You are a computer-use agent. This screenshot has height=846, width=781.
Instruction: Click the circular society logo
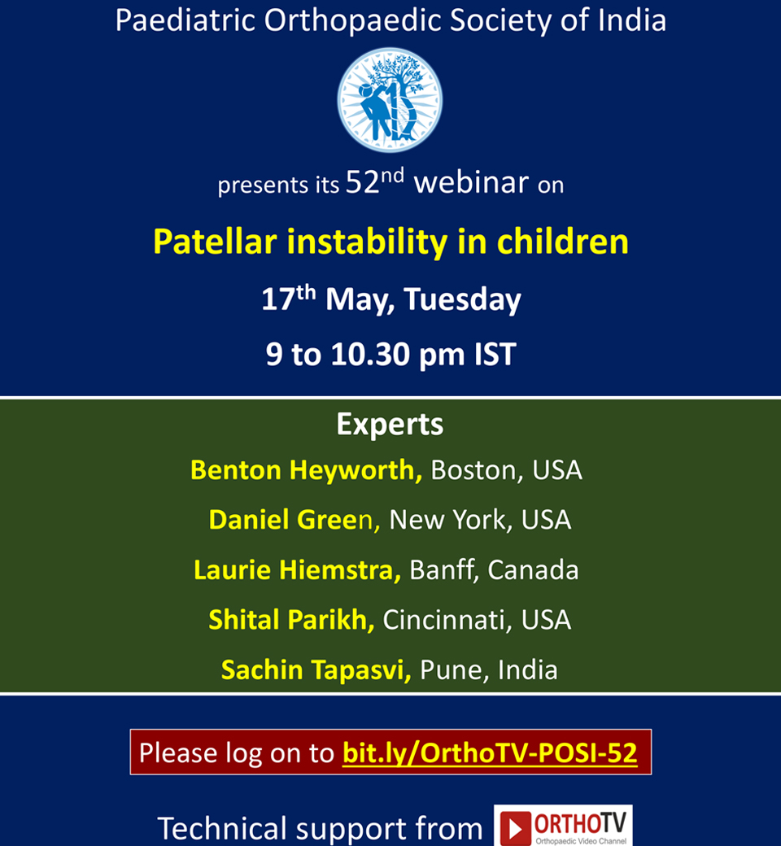pos(390,100)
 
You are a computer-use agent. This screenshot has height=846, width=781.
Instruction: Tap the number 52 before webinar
pos(363,182)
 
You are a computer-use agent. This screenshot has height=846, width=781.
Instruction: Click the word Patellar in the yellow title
pos(215,241)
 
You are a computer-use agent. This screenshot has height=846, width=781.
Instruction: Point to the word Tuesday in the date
pos(462,299)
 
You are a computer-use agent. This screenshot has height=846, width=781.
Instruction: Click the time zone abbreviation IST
pos(495,355)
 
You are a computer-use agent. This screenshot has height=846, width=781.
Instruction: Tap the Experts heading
pos(390,425)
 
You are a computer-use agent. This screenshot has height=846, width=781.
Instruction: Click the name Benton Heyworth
pos(306,470)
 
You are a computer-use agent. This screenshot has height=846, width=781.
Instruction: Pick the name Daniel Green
pos(295,520)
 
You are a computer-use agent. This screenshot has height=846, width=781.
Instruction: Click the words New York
pos(451,520)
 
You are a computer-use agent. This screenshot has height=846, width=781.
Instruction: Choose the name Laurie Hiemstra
pos(297,569)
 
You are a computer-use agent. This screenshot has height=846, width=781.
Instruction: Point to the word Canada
pos(533,569)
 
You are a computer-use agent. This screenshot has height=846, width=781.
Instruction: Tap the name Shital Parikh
pos(291,619)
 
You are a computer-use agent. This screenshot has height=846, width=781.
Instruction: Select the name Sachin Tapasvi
pos(316,669)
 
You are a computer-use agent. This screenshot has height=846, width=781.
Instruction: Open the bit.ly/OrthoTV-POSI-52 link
pos(490,752)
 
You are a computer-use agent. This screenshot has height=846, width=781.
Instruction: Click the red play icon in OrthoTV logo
pos(516,828)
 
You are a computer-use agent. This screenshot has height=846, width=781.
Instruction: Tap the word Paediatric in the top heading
pos(185,20)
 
